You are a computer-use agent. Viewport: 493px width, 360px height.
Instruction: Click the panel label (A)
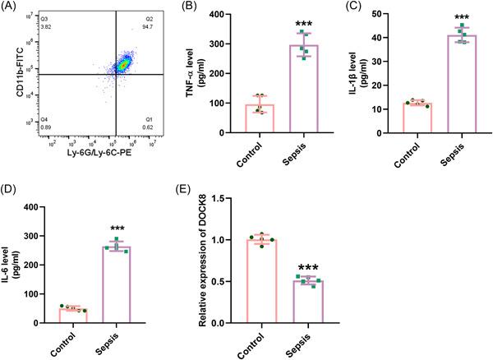[11, 9]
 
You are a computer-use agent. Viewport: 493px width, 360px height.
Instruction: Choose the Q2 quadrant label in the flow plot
[149, 17]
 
